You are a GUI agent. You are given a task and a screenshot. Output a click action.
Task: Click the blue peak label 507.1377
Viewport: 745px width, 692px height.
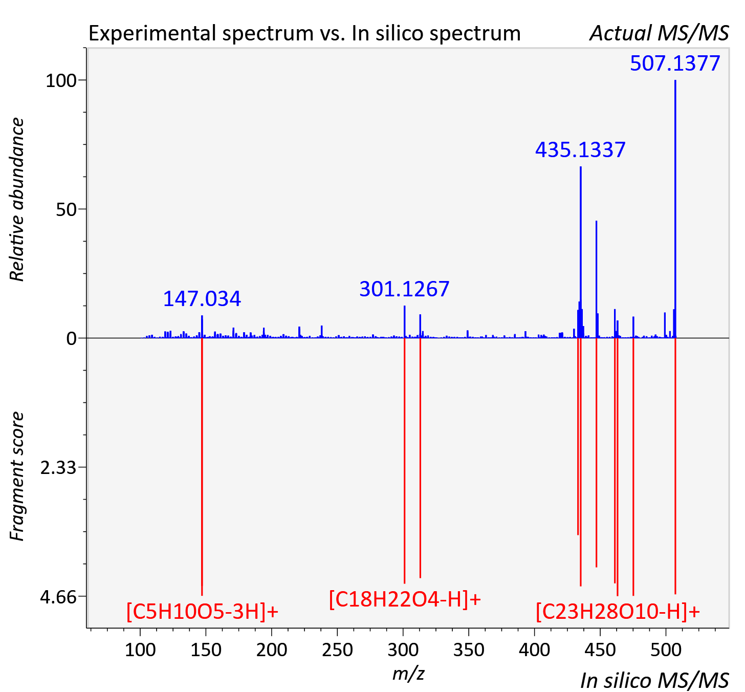point(675,63)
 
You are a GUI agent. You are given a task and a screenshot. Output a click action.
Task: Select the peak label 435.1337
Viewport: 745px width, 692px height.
point(580,150)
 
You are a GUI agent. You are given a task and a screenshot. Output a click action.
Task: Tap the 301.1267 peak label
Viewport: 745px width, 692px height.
point(404,289)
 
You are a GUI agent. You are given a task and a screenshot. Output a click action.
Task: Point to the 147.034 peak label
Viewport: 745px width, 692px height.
point(202,299)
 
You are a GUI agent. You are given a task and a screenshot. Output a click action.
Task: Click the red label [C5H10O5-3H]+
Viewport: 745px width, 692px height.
point(202,611)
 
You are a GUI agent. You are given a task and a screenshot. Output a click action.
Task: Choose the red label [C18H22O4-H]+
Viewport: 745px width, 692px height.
point(405,598)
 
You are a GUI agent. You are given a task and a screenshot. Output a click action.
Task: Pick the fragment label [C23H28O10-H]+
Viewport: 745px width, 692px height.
point(618,611)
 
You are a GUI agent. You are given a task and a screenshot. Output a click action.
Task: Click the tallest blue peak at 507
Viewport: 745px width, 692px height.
point(675,209)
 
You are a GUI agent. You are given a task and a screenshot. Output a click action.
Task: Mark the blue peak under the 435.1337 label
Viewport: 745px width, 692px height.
point(581,252)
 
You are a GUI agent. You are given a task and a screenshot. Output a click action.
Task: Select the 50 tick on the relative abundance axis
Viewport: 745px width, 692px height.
point(66,209)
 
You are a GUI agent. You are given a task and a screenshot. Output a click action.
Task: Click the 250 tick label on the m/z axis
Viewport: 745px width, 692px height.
point(337,650)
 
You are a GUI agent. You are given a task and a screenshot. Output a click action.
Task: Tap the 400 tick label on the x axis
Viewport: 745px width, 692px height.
point(534,650)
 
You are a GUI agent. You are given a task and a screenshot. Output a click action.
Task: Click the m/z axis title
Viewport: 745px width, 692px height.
point(408,674)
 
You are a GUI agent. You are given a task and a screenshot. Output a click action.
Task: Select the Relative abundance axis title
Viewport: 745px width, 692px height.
point(17,200)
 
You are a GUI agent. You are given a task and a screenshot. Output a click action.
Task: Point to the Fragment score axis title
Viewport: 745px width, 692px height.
point(17,476)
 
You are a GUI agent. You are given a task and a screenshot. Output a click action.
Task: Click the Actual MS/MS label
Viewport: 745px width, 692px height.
point(659,33)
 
